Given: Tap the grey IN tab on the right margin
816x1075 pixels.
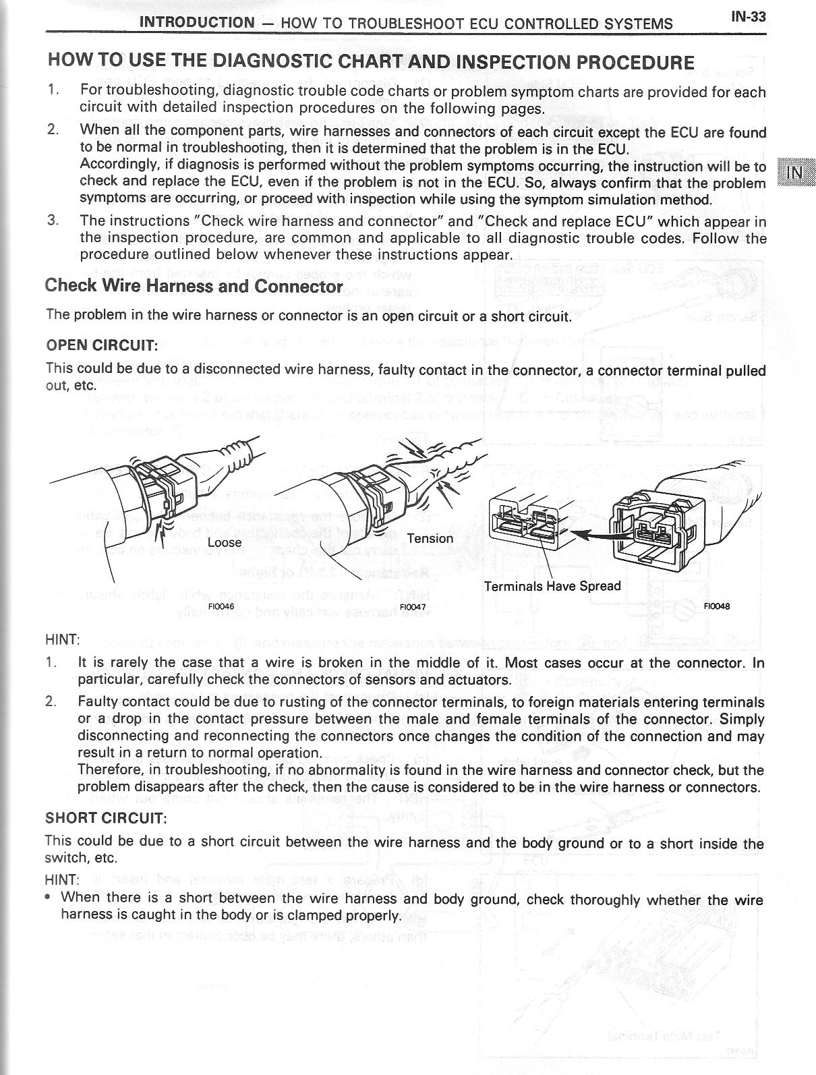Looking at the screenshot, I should click(x=796, y=172).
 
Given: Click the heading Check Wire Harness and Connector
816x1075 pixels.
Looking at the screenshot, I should click(x=194, y=286).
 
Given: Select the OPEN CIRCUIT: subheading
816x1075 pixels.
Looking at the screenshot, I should click(x=101, y=345).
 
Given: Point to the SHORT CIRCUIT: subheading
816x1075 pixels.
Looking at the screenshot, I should click(x=105, y=818).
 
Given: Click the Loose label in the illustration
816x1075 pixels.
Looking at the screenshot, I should click(x=225, y=542).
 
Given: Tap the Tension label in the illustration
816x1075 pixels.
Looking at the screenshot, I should click(x=430, y=538).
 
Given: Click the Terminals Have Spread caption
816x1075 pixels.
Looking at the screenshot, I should click(x=552, y=585).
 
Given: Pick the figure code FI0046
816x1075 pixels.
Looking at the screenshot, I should click(x=221, y=606).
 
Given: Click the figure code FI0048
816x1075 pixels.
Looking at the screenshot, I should click(x=716, y=606).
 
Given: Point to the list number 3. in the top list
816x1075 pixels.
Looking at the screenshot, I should click(x=53, y=221).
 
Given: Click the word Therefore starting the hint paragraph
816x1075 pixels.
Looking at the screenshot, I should click(x=111, y=769).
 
